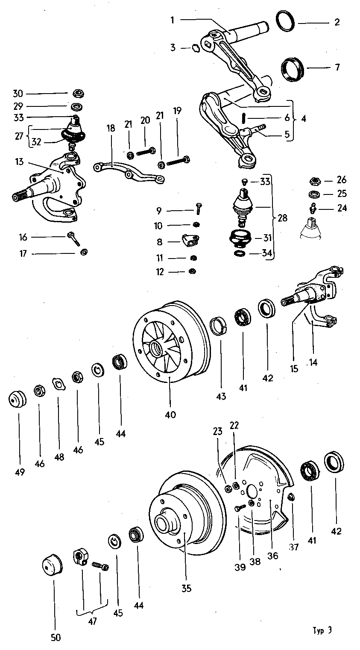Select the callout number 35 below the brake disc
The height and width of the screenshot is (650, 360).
tap(186, 588)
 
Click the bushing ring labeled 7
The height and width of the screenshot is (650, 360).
tap(293, 68)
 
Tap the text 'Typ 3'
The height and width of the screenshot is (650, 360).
tap(322, 630)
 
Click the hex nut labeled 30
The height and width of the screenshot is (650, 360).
tap(78, 93)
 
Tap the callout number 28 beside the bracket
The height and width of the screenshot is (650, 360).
tap(282, 218)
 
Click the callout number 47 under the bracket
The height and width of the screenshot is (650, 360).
tap(92, 621)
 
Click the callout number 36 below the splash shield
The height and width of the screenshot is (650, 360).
tap(272, 556)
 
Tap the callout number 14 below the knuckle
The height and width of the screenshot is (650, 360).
tap(313, 362)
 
